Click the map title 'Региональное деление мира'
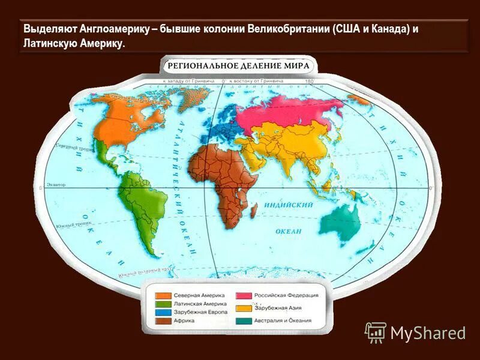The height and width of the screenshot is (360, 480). [x=238, y=65]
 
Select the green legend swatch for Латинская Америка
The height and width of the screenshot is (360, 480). [x=163, y=304]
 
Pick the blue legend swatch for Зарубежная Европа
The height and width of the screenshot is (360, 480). [x=163, y=313]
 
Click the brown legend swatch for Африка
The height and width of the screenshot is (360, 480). [x=163, y=322]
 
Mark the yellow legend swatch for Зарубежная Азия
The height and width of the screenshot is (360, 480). [x=244, y=308]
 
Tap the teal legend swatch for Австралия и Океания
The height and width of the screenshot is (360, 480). [x=244, y=321]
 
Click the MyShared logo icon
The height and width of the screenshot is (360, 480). [x=376, y=332]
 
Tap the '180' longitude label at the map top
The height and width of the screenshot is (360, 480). [x=310, y=80]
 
